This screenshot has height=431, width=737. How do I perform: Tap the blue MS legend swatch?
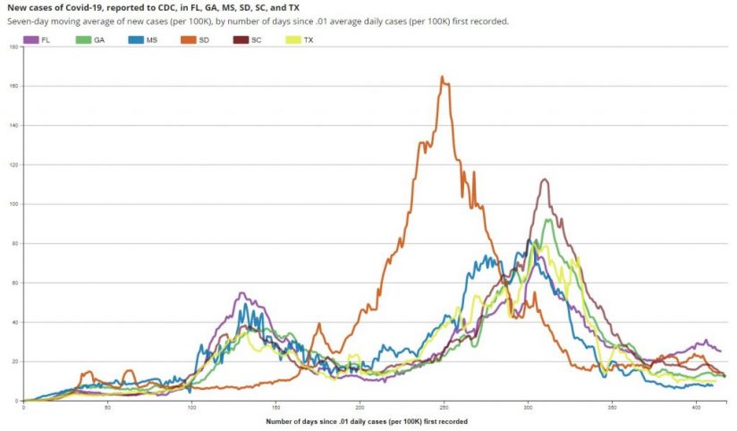click(x=135, y=40)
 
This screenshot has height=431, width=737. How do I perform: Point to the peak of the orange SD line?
click(x=442, y=77)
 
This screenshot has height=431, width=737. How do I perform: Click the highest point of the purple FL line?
click(x=545, y=180)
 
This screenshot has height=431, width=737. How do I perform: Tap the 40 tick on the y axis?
click(x=14, y=322)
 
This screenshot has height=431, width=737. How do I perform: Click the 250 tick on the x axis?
click(x=444, y=408)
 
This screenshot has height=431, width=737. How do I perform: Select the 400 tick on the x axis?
click(x=696, y=408)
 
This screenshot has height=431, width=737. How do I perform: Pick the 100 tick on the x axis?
click(x=191, y=408)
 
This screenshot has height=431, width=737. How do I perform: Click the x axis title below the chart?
click(x=367, y=421)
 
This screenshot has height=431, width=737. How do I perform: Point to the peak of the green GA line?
click(x=547, y=220)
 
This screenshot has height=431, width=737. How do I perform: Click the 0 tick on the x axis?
click(x=23, y=408)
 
